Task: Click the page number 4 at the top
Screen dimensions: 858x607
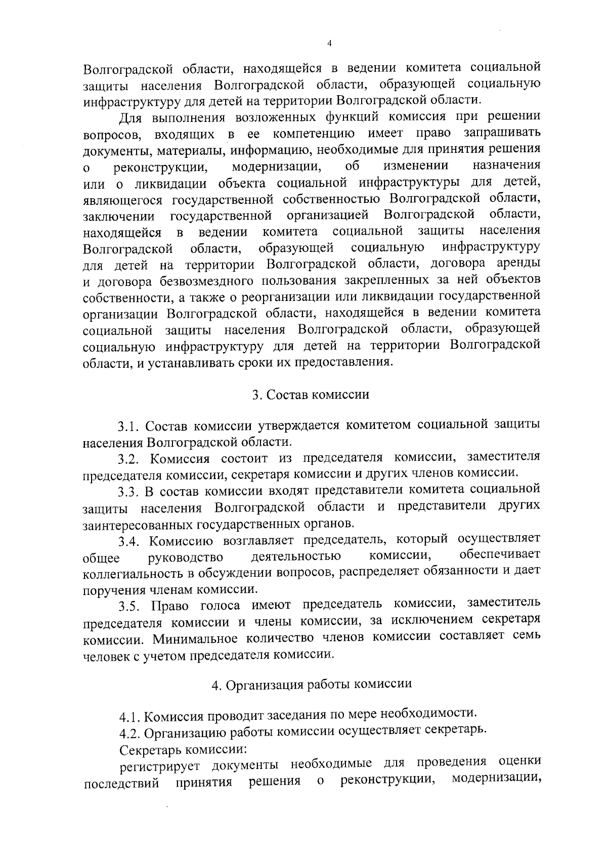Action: point(329,44)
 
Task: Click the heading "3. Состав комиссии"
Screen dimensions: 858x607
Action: point(311,395)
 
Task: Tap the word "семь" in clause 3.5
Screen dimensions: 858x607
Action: point(526,636)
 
